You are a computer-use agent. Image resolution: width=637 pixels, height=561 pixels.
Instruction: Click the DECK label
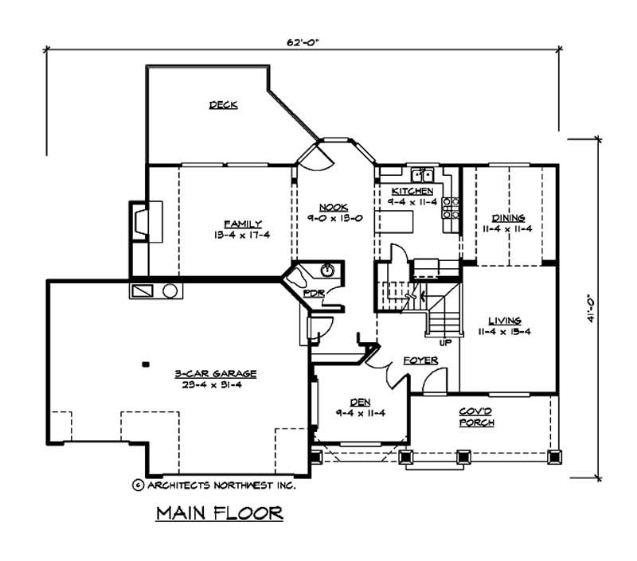click(223, 105)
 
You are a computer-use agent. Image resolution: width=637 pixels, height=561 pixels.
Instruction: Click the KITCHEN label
click(412, 192)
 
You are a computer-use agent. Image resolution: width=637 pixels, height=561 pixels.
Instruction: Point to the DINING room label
click(508, 218)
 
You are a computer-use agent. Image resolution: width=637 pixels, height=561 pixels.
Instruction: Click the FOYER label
click(420, 360)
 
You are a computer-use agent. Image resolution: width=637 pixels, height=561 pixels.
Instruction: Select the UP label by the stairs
click(445, 343)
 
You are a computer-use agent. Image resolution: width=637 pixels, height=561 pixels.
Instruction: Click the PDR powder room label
click(313, 294)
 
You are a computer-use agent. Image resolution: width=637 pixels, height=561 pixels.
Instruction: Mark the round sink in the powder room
click(327, 271)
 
